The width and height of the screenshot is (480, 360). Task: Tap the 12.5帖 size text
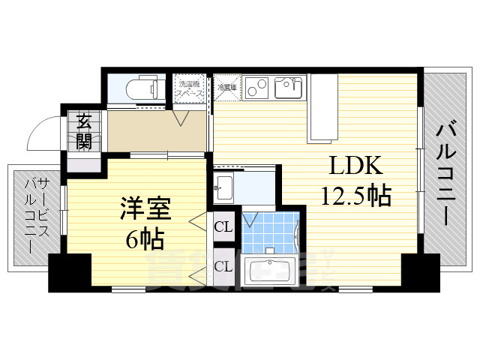(x=355, y=196)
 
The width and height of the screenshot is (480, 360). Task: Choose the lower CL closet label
(x=223, y=265)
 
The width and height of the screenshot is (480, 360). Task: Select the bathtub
(x=268, y=270)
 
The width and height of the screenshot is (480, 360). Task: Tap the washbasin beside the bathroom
(x=224, y=186)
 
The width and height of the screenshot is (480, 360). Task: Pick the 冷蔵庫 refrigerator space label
(x=226, y=88)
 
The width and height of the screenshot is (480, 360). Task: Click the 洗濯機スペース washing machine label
(x=190, y=87)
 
